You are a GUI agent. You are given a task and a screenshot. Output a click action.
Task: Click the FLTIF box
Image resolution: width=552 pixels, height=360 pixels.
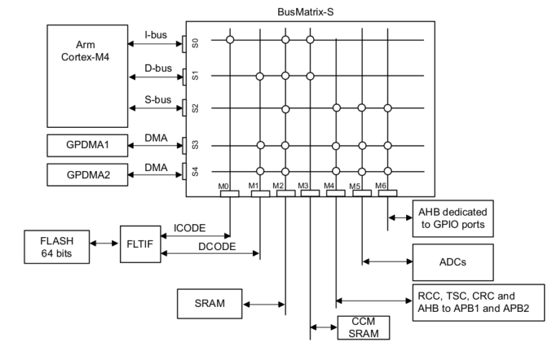[139, 244]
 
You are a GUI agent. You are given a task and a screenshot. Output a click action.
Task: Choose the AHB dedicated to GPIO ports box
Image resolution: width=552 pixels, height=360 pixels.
[452, 216]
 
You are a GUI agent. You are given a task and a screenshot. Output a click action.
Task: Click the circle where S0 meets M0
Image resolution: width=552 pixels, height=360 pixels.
[230, 40]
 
